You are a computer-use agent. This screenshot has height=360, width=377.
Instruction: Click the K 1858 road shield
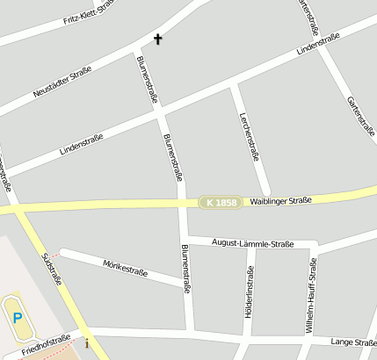[x=219, y=202]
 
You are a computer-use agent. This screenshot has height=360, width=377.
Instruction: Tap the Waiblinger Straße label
[x=280, y=201]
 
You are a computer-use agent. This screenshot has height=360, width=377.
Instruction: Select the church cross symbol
[x=158, y=39]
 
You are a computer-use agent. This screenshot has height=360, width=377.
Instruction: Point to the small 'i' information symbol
[x=87, y=342]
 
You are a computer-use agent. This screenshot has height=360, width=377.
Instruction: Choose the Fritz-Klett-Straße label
[x=89, y=13]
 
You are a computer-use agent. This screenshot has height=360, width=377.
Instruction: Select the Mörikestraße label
[x=124, y=267]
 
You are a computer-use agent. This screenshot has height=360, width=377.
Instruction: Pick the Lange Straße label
[x=353, y=342]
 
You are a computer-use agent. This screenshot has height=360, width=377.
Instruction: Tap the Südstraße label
[x=52, y=269]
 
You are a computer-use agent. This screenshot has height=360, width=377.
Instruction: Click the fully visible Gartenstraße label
[x=361, y=116]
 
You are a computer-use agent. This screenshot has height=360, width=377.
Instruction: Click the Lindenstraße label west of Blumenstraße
[x=82, y=144]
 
